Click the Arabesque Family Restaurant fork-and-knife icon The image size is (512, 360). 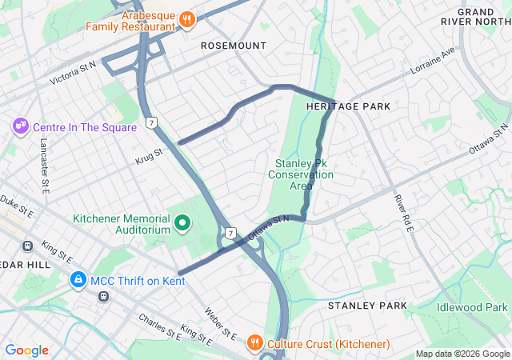pos(186,18)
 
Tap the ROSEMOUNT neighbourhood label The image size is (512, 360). pos(234,46)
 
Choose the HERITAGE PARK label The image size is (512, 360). pos(349,106)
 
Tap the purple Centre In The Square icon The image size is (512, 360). pos(19,127)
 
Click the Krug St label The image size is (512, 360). pos(149,152)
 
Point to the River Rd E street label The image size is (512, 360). pos(402,213)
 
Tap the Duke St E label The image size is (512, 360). pos(16,206)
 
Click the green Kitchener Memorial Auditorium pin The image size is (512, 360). pos(182,222)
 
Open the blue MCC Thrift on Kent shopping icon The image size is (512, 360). pos(78,280)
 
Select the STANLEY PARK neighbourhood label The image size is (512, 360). pos(368,306)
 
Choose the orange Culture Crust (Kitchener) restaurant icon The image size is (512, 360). pos(254,343)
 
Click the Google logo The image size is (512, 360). pos(26,350)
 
